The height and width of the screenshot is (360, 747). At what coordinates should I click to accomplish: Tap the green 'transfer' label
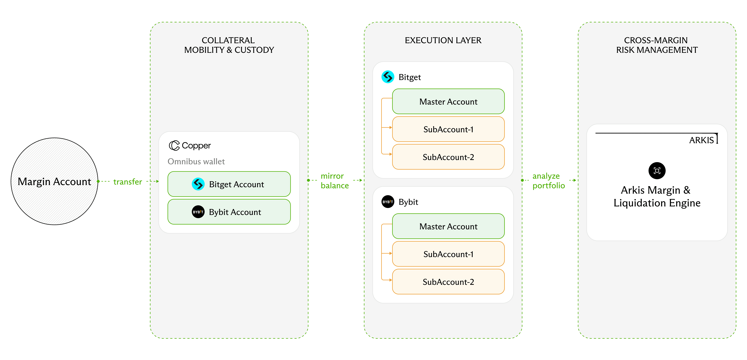pyautogui.click(x=128, y=182)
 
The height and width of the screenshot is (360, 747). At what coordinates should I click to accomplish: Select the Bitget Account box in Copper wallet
pyautogui.click(x=229, y=184)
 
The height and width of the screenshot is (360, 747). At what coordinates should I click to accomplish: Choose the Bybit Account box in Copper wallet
pyautogui.click(x=229, y=212)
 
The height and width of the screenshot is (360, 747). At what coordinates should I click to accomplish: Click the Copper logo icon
pyautogui.click(x=174, y=145)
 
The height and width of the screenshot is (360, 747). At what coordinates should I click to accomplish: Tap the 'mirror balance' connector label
pyautogui.click(x=335, y=181)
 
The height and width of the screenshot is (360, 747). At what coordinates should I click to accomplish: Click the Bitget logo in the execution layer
pyautogui.click(x=388, y=77)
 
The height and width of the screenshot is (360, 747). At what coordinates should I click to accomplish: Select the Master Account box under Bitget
pyautogui.click(x=448, y=101)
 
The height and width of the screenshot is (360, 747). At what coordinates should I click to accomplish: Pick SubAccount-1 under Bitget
pyautogui.click(x=448, y=129)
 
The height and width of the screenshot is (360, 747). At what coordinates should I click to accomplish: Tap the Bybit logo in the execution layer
pyautogui.click(x=388, y=202)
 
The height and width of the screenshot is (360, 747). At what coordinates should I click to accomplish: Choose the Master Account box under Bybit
pyautogui.click(x=448, y=226)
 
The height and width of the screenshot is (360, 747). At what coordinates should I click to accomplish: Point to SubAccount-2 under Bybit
pyautogui.click(x=448, y=282)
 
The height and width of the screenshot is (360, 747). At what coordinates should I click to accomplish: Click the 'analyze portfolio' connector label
pyautogui.click(x=549, y=181)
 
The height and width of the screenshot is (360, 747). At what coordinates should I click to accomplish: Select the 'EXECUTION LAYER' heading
pyautogui.click(x=443, y=40)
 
